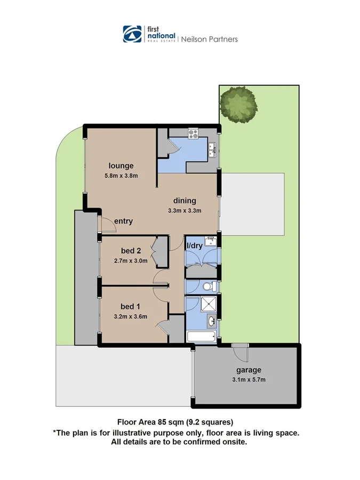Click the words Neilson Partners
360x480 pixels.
point(210,39)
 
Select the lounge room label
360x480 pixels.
point(121,165)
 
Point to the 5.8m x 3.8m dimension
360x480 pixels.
point(121,176)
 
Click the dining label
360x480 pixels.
point(185,201)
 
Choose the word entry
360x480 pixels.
point(123,221)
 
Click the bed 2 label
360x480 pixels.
point(130,250)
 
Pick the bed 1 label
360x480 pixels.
point(130,306)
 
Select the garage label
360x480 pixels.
point(249,370)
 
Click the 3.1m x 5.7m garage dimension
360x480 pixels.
point(249,380)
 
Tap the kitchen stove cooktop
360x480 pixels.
point(191,132)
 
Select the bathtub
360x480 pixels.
point(201,337)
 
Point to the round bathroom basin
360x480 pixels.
point(212,321)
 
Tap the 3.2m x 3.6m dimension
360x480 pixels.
point(130,316)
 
